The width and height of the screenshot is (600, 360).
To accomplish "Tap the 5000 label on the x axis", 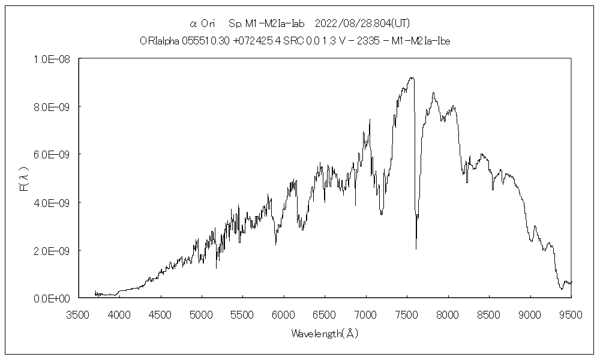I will click(201, 314).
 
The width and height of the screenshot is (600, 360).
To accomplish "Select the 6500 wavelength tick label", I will click(325, 314).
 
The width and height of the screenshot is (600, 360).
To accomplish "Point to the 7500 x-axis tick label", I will click(407, 314).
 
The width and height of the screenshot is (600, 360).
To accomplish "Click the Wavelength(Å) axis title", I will click(325, 333).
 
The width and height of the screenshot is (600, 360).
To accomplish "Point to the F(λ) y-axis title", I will click(24, 179).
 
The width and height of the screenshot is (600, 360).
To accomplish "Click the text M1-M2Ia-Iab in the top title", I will click(275, 24).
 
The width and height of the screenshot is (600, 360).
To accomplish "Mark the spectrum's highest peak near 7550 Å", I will click(411, 77).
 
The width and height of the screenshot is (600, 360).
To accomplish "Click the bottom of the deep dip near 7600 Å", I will click(416, 248).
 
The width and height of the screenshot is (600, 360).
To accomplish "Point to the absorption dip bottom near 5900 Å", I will click(276, 244).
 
